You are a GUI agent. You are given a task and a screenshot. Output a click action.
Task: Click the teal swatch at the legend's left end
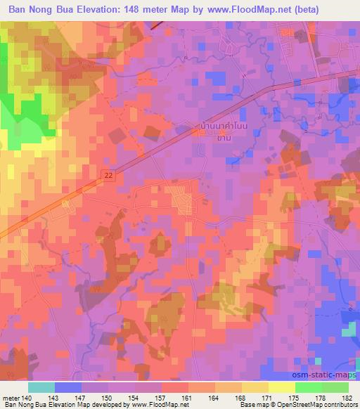[x=41, y=387]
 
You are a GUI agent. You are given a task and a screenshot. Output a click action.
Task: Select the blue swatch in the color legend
[x=68, y=387]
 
